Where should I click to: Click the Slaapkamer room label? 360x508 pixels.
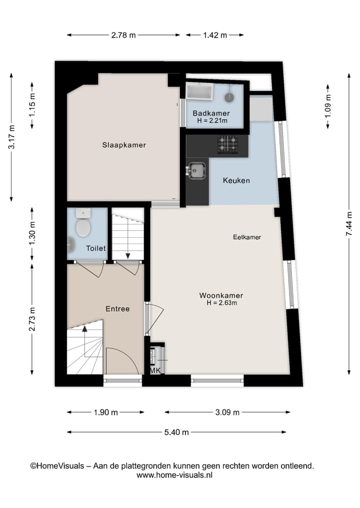coord(124,145)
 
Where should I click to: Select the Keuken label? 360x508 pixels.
coord(236,180)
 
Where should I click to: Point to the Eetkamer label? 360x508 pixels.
coord(247,237)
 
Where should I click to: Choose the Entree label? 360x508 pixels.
coord(117,309)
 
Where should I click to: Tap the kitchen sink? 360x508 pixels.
coord(197,171)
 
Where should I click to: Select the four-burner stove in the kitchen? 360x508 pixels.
coord(227,144)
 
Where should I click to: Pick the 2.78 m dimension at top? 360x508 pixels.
coord(123,35)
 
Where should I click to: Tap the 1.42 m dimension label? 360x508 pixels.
coord(215,35)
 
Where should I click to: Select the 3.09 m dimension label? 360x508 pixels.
coord(227,412)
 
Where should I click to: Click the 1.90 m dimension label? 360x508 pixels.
coord(106,412)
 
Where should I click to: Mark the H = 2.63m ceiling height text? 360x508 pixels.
coord(221,303)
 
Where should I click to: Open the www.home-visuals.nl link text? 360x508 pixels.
coord(174,476)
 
